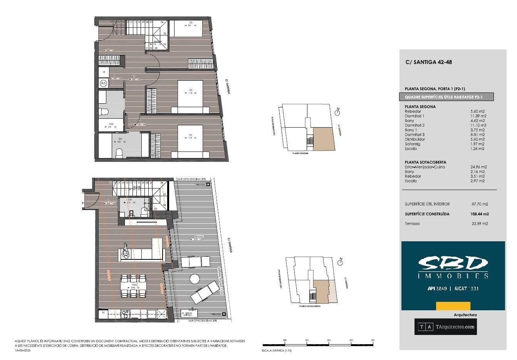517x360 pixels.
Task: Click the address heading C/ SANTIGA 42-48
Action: pyautogui.click(x=428, y=62)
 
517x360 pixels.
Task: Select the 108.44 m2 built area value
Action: pyautogui.click(x=480, y=214)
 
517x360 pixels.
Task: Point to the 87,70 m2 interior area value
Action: pyautogui.click(x=480, y=204)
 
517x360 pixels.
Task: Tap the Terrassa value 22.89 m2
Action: pyautogui.click(x=480, y=224)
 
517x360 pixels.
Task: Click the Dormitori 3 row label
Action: pyautogui.click(x=415, y=135)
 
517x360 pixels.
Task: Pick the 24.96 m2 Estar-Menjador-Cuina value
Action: pyautogui.click(x=478, y=167)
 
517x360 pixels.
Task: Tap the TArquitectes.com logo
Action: pyautogui.click(x=445, y=327)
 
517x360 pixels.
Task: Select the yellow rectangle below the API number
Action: pyautogui.click(x=453, y=306)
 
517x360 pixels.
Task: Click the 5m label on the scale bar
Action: pyautogui.click(x=372, y=340)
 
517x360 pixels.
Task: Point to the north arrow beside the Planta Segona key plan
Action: pyautogui.click(x=337, y=112)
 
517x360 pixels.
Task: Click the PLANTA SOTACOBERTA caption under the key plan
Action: pyautogui.click(x=310, y=306)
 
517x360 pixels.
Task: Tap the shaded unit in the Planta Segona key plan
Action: pyautogui.click(x=322, y=138)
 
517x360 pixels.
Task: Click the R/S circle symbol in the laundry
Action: pyautogui.click(x=104, y=83)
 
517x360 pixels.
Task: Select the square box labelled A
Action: pyautogui.click(x=104, y=72)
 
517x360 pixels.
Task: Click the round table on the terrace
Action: pyautogui.click(x=195, y=279)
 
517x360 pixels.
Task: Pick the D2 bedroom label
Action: pyautogui.click(x=190, y=90)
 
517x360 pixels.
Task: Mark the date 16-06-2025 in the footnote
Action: pyautogui.click(x=22, y=350)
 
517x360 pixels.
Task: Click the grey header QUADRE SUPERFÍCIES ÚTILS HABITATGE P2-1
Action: pyautogui.click(x=446, y=97)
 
